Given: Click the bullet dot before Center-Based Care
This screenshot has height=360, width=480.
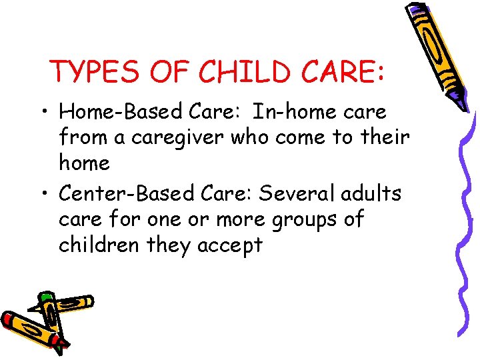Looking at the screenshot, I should [44, 195].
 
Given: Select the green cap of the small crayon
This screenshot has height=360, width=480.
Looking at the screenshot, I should [46, 297].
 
